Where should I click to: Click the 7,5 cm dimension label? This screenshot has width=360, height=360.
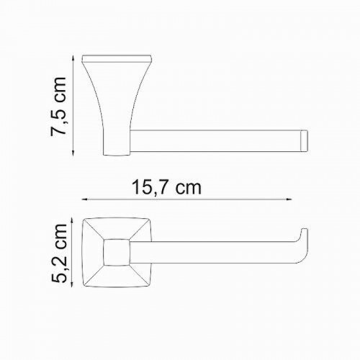[58, 107]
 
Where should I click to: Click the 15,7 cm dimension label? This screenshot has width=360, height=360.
[166, 188]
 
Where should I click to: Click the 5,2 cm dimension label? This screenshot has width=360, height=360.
[58, 253]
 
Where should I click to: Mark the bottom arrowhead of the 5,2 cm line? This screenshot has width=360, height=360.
[72, 283]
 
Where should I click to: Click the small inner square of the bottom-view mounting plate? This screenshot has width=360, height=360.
[117, 252]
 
